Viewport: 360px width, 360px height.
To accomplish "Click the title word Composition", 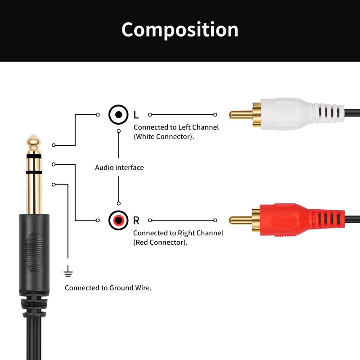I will pyautogui.click(x=180, y=30).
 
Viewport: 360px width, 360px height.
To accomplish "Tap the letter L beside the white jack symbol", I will pyautogui.click(x=136, y=115).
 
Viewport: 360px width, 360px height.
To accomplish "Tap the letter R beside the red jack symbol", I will pyautogui.click(x=136, y=220).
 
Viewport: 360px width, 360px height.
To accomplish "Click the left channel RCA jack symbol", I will pyautogui.click(x=118, y=115).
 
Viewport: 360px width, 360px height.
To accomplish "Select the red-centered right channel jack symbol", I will pyautogui.click(x=118, y=220).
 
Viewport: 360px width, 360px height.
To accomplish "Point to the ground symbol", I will pyautogui.click(x=68, y=271).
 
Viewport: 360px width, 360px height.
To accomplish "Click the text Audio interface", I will pyautogui.click(x=119, y=167).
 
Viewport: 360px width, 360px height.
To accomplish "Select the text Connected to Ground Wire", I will pyautogui.click(x=108, y=288).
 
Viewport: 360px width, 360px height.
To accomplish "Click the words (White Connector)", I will pyautogui.click(x=164, y=136).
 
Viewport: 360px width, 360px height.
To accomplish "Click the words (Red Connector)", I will pyautogui.click(x=160, y=242).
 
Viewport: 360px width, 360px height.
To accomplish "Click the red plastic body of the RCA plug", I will pyautogui.click(x=288, y=220).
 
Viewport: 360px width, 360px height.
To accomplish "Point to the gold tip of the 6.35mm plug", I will pyautogui.click(x=34, y=144).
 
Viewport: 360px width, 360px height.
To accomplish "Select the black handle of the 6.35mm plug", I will pyautogui.click(x=34, y=252).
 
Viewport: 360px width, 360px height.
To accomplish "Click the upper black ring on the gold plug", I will pyautogui.click(x=34, y=156).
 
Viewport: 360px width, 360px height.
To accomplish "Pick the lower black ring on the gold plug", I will pyautogui.click(x=34, y=172).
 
